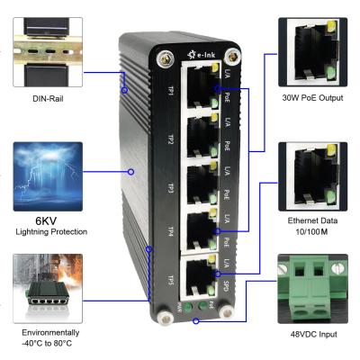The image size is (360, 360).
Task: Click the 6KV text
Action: coord(47,219)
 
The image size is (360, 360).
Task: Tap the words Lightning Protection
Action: coord(47,232)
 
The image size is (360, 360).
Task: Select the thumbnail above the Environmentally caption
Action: coord(47,288)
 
